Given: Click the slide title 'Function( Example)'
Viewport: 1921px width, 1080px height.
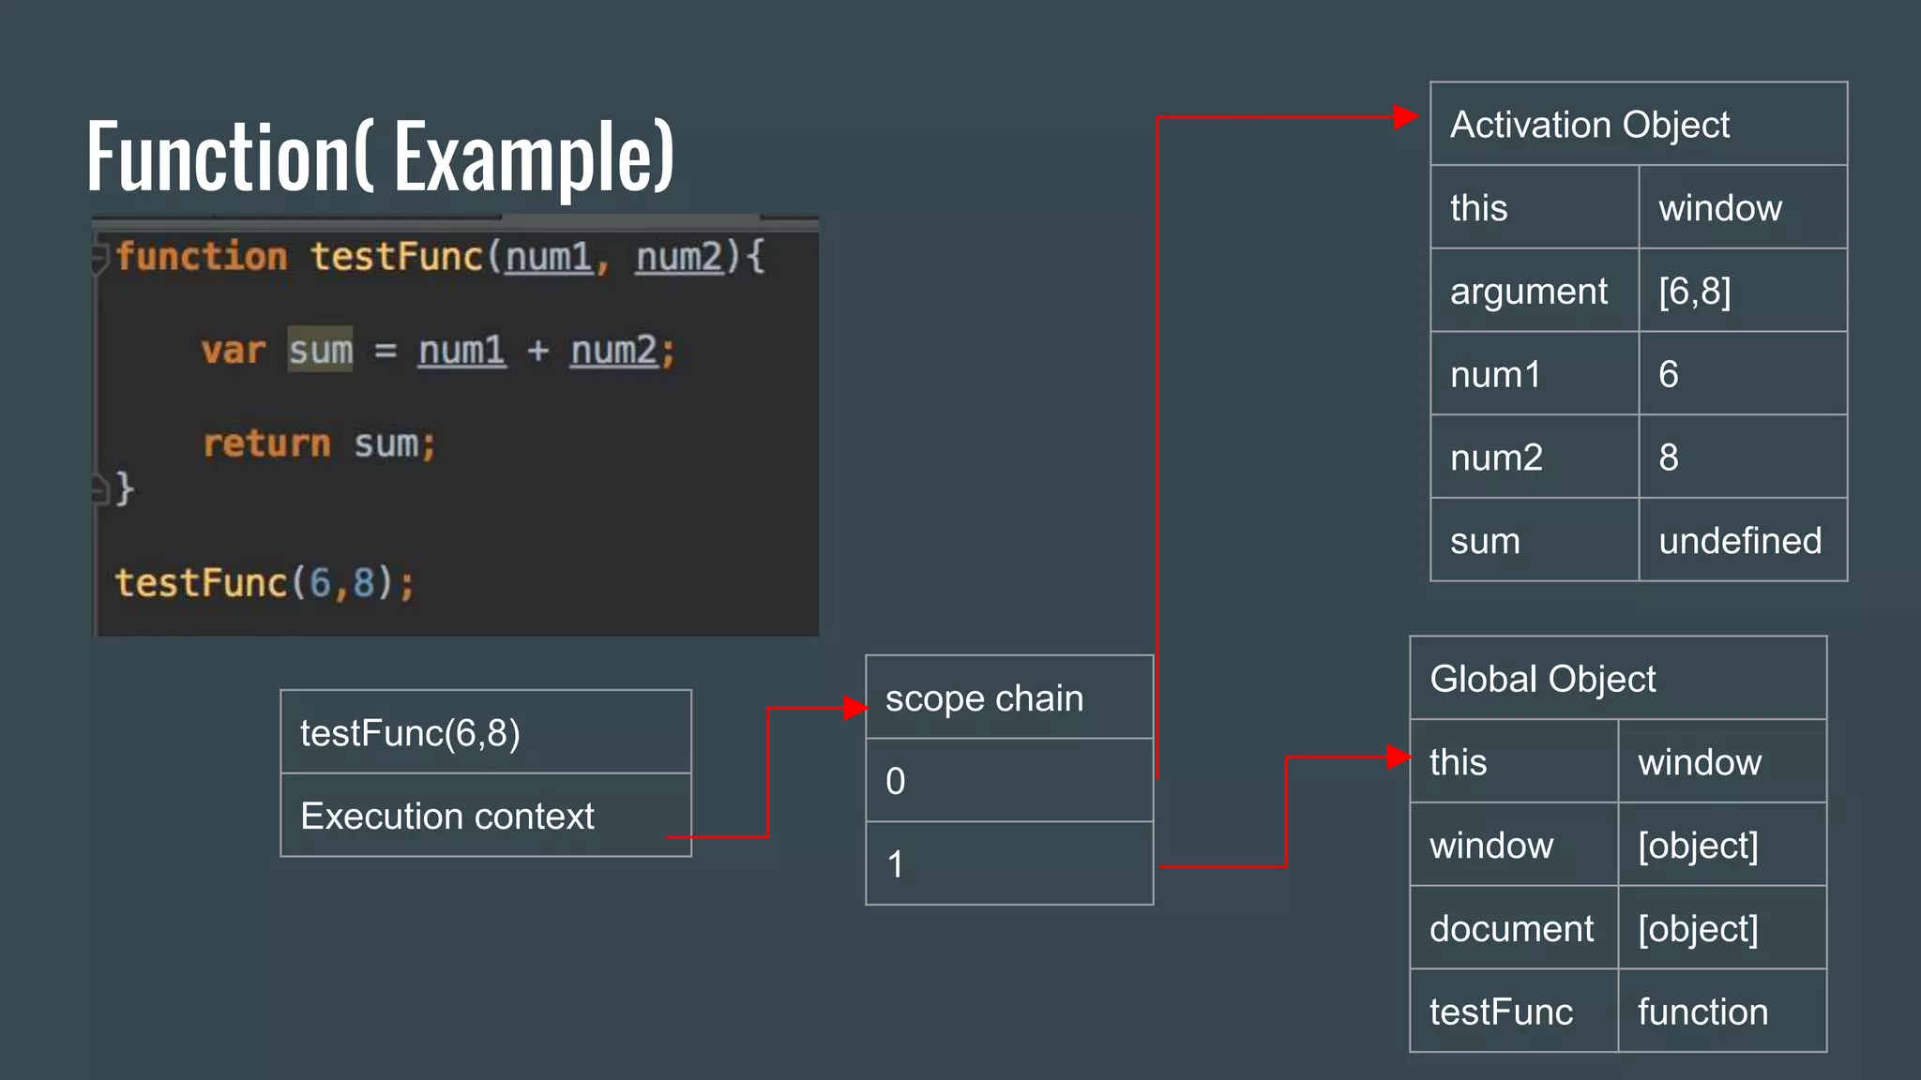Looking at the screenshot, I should click(x=380, y=156).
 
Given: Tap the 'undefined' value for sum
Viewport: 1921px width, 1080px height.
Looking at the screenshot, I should click(x=1740, y=541).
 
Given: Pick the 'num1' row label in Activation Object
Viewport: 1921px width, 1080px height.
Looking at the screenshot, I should click(x=1495, y=375).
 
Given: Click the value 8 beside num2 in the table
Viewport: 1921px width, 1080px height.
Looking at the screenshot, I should click(x=1669, y=457).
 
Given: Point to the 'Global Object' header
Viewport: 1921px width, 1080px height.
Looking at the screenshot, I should click(x=1542, y=679).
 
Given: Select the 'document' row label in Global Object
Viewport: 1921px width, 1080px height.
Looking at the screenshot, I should click(x=1511, y=929).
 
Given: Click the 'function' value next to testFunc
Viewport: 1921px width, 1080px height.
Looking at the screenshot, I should click(x=1702, y=1012).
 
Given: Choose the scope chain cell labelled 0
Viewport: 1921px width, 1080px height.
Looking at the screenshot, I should click(x=1008, y=781).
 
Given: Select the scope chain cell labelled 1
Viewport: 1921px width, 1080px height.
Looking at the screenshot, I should click(x=1008, y=864).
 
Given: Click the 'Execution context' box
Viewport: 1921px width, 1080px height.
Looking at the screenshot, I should click(x=447, y=817).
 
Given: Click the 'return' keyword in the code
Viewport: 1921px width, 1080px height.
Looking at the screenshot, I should click(x=267, y=443).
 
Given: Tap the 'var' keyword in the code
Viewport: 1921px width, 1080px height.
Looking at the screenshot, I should click(x=233, y=351).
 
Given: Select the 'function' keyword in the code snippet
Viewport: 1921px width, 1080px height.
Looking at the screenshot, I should click(x=202, y=257).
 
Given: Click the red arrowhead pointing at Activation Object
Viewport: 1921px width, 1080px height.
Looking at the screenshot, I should click(x=1405, y=117).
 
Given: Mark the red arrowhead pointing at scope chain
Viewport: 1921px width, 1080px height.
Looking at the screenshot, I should click(x=855, y=708).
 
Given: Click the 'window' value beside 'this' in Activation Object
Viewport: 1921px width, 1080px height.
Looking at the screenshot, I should click(x=1719, y=208).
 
